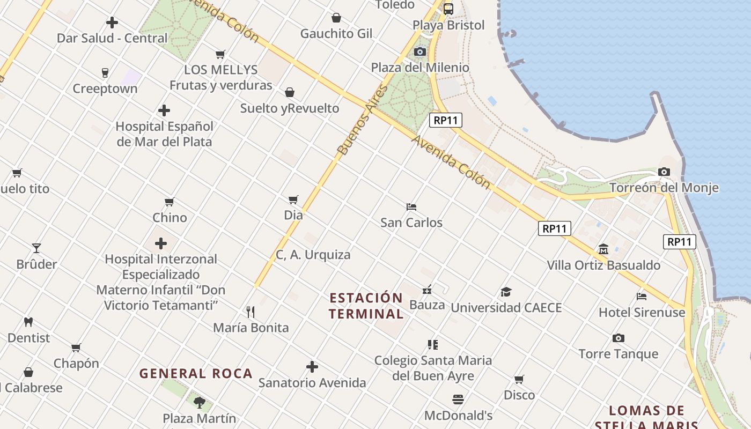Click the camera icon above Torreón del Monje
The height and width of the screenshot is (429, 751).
664,172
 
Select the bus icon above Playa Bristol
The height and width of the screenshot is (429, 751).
448,9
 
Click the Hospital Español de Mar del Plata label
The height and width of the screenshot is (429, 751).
165,134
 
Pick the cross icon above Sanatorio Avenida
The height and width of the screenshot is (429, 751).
312,367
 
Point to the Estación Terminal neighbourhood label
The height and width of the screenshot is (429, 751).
366,306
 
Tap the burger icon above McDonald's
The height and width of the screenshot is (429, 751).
458,400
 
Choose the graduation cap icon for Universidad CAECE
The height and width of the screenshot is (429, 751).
506,292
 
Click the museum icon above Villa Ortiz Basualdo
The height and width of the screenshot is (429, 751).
603,249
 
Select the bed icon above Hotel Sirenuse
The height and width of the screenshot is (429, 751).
642,296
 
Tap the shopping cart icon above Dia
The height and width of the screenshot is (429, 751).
293,199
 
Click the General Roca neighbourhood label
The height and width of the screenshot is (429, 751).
196,374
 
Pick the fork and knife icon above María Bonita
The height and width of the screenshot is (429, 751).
250,312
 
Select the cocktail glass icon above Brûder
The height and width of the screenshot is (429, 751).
36,248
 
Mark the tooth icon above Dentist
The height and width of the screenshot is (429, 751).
28,322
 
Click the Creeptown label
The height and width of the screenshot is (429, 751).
105,89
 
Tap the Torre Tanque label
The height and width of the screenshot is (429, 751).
618,354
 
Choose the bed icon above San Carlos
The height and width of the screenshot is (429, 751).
411,206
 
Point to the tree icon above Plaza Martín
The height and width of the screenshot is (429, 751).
200,402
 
